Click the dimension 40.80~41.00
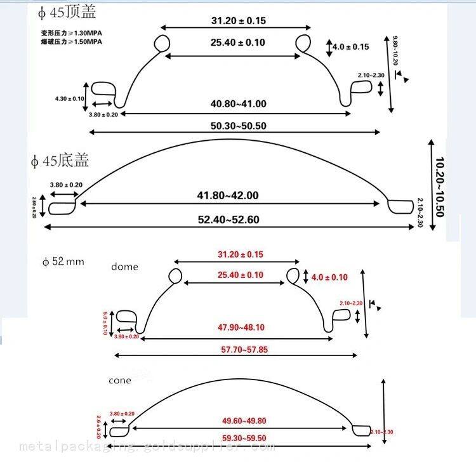coord(239,104)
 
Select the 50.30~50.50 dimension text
coord(239,126)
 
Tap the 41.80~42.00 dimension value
coord(229,195)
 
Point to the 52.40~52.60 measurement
coord(229,220)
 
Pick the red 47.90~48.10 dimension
coord(241,327)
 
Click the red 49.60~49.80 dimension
coord(244,421)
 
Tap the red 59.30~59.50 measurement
coord(244,438)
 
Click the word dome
coord(124,267)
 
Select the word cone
coord(120,380)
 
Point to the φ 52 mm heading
coord(63,261)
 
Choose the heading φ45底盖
coord(60,161)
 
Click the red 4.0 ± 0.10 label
coord(330,277)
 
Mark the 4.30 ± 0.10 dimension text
coord(70,98)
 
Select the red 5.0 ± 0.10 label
coord(105,324)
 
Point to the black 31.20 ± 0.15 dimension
coord(239,21)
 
